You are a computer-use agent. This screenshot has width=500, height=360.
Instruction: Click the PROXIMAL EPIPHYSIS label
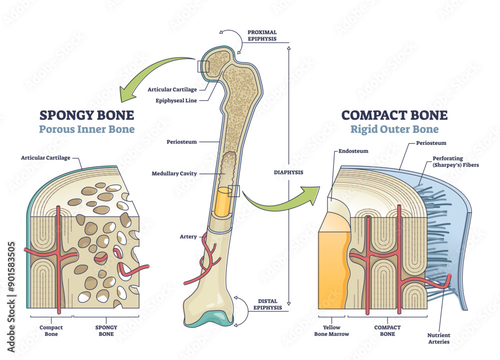click(262, 35)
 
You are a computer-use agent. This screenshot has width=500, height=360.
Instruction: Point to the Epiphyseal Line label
click(175, 100)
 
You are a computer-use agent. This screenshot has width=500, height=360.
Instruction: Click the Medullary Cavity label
click(174, 173)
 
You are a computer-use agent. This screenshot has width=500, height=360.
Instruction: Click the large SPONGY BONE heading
click(86, 115)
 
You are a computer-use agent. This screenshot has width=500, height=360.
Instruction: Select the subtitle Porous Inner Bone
click(87, 130)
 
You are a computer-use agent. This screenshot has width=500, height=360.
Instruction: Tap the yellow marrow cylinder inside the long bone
click(221, 202)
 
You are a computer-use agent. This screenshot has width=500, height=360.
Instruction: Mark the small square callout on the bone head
click(203, 66)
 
